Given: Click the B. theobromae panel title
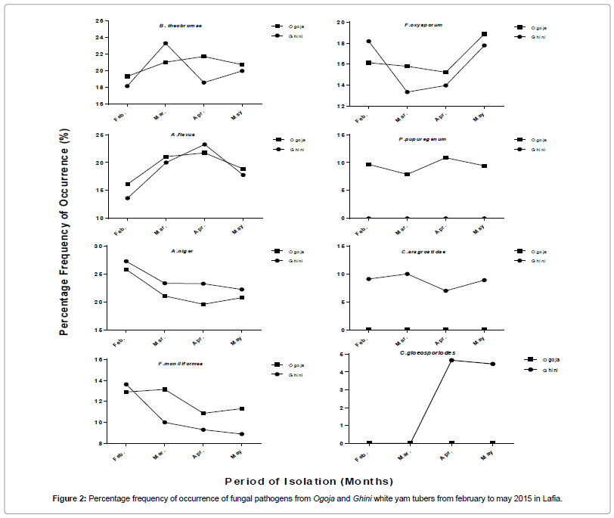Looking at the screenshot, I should pyautogui.click(x=180, y=26).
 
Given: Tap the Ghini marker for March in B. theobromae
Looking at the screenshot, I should pyautogui.click(x=165, y=44).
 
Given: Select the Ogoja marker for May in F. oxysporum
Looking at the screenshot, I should pyautogui.click(x=484, y=34).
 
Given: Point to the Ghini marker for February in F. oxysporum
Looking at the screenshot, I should pyautogui.click(x=368, y=41).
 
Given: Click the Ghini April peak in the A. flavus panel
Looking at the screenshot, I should pyautogui.click(x=203, y=144).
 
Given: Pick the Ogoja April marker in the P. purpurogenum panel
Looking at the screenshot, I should pyautogui.click(x=445, y=158).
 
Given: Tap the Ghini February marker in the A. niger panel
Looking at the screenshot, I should pyautogui.click(x=126, y=262).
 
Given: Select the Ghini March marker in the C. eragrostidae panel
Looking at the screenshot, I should pyautogui.click(x=407, y=274).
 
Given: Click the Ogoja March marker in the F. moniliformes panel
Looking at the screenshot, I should pyautogui.click(x=165, y=389).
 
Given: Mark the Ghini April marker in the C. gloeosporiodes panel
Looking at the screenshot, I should pyautogui.click(x=451, y=360).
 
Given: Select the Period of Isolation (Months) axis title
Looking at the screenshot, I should pyautogui.click(x=309, y=481).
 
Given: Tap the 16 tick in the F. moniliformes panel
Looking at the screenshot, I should pyautogui.click(x=98, y=360).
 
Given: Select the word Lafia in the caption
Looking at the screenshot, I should pyautogui.click(x=550, y=499).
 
